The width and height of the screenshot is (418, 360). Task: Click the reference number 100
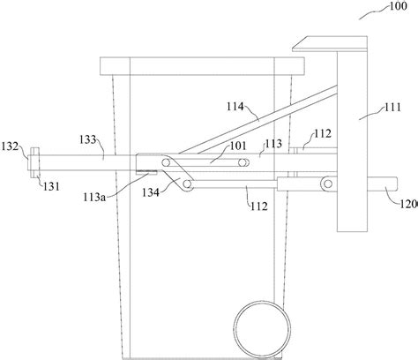tap(399, 6)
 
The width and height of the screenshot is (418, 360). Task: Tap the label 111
tap(392, 108)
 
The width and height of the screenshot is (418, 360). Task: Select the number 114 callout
tap(235, 107)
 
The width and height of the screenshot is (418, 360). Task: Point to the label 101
tap(238, 146)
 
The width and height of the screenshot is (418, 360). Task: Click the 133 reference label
tap(87, 139)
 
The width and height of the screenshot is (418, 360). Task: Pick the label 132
tap(10, 146)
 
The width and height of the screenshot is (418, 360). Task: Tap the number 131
tap(51, 186)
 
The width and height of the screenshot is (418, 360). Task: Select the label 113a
tap(94, 198)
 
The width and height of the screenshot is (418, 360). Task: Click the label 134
tap(151, 192)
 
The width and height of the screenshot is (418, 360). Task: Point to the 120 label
tap(408, 204)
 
